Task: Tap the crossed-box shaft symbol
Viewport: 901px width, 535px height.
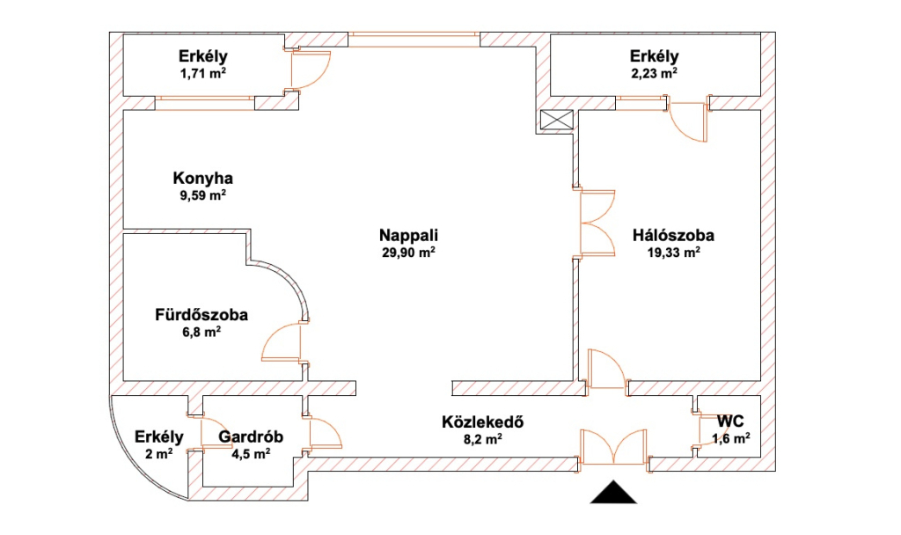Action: pos(557,120)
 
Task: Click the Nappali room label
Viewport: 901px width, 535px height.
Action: pos(408,235)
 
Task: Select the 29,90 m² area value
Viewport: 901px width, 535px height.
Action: pos(408,252)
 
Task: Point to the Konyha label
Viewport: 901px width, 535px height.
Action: pos(203,178)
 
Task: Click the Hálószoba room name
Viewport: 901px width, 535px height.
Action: pos(673,235)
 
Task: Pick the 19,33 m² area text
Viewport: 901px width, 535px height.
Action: pos(673,252)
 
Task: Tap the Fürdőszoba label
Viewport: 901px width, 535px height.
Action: pos(201,315)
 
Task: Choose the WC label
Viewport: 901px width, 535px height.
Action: pos(730,421)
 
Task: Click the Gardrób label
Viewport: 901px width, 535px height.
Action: pos(251,436)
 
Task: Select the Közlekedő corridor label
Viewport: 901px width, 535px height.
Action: pos(483,421)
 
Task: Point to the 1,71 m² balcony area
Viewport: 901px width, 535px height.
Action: pos(203,73)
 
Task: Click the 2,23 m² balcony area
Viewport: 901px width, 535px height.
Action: pos(654,73)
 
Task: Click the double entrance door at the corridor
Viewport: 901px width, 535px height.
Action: pos(613,446)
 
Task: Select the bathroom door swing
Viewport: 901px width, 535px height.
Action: pos(281,342)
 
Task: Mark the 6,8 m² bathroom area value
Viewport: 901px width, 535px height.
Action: pos(201,332)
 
